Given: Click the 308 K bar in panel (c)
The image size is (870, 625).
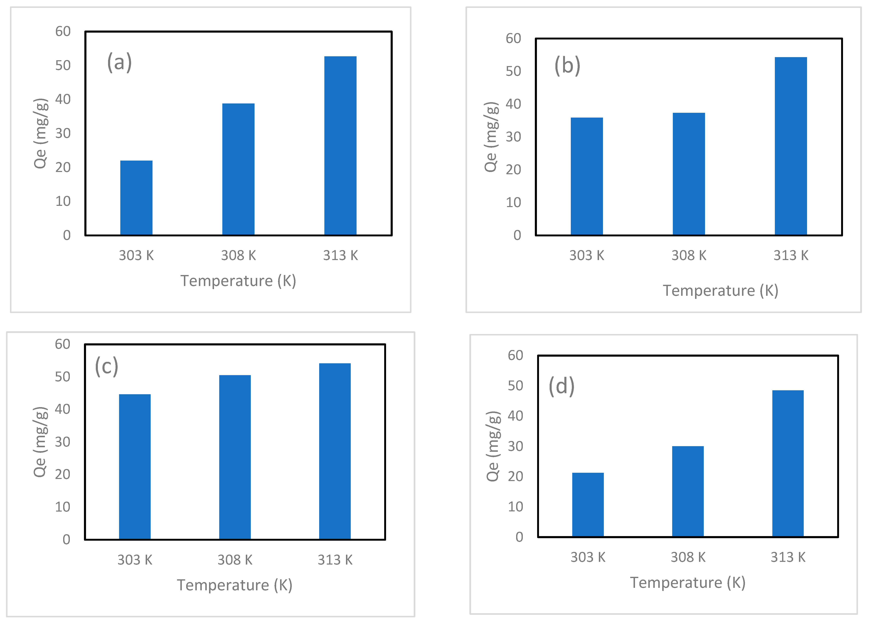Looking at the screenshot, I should tap(235, 457).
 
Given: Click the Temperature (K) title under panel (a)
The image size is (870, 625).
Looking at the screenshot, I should tap(238, 281).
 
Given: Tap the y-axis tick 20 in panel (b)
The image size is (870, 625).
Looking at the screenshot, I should tap(513, 169).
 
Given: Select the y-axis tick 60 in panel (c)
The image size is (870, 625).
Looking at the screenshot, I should tap(63, 344).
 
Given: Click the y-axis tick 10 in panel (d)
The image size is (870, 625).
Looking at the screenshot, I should tap(515, 507).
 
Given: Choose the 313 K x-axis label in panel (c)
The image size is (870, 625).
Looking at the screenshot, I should tap(335, 560).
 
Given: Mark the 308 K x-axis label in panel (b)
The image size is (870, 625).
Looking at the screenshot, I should tap(689, 255).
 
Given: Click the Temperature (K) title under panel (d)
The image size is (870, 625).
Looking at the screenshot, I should tap(687, 582).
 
